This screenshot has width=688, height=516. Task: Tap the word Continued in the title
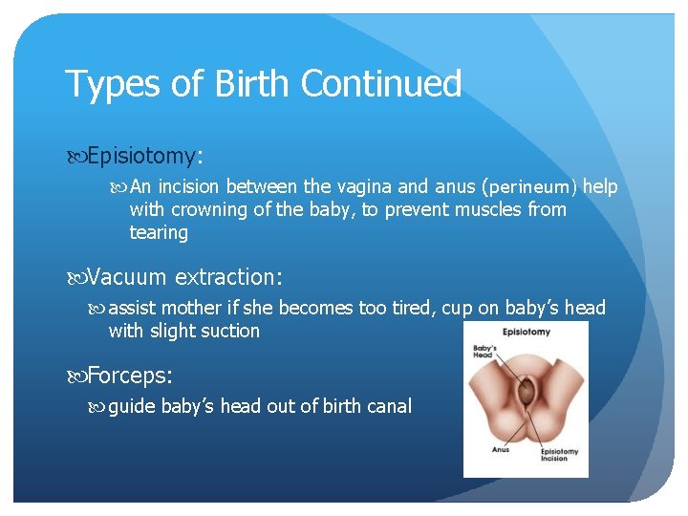[x=380, y=84]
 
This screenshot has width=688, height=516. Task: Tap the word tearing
[x=159, y=233]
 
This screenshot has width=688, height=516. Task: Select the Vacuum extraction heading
[x=184, y=277]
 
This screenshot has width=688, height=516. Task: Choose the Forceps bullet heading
[x=130, y=376]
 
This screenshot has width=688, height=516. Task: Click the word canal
[x=386, y=406]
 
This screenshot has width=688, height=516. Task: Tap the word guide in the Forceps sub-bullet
[x=132, y=406]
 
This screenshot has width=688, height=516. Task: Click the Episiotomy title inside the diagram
[x=527, y=333]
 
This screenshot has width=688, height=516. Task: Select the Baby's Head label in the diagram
[x=485, y=349]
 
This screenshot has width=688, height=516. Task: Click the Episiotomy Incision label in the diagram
[x=559, y=456]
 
